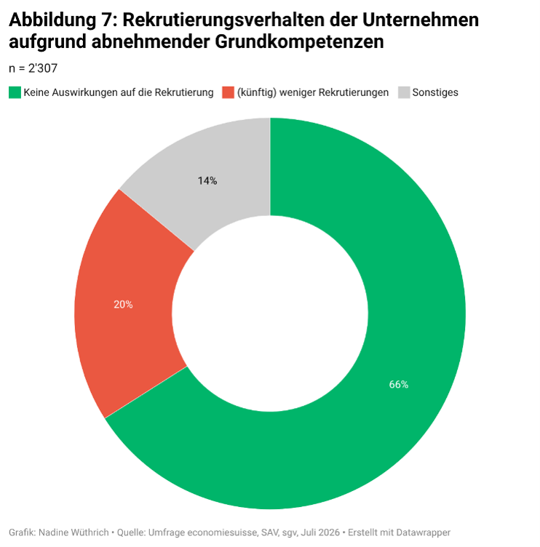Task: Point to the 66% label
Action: click(x=399, y=385)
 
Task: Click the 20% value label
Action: click(x=123, y=305)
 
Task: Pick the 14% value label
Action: click(x=207, y=180)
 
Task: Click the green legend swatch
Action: click(x=15, y=92)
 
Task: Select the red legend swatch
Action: click(x=228, y=92)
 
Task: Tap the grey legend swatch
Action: click(x=404, y=92)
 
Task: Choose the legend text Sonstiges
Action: click(x=435, y=92)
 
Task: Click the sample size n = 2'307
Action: click(x=33, y=68)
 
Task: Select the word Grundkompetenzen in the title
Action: click(x=299, y=41)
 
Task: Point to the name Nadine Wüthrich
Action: click(x=74, y=532)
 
